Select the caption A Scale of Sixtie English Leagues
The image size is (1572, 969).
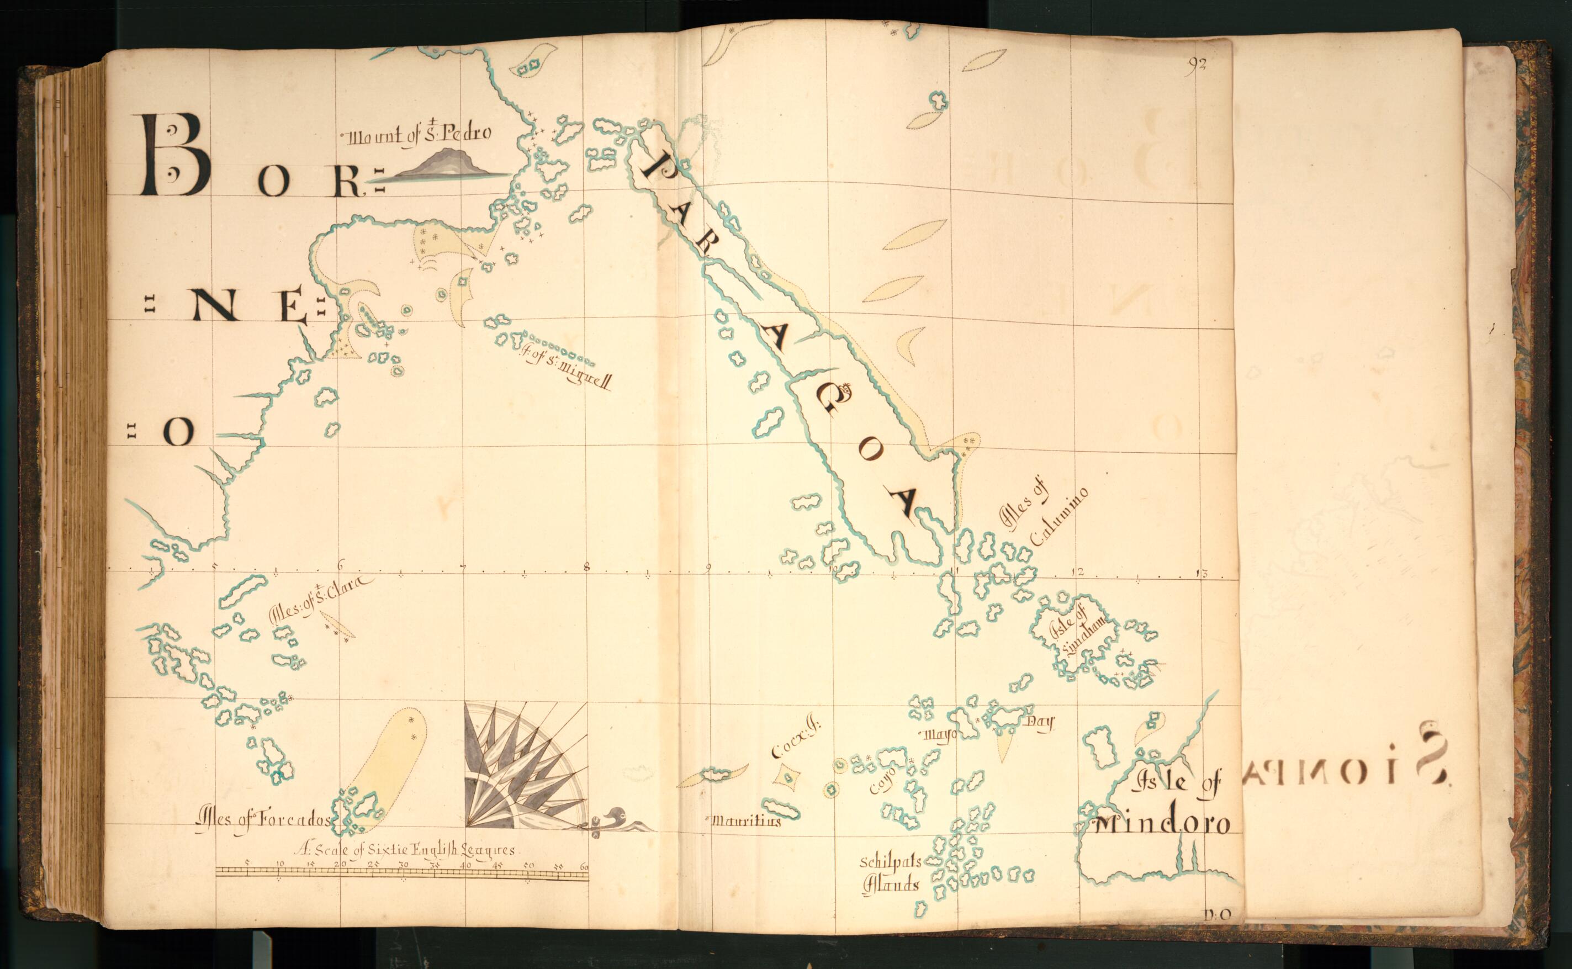click(406, 850)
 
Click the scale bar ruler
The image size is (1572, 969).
click(402, 871)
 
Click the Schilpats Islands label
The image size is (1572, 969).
click(891, 873)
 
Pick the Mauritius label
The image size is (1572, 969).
click(747, 821)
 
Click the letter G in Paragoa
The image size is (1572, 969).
click(831, 400)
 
